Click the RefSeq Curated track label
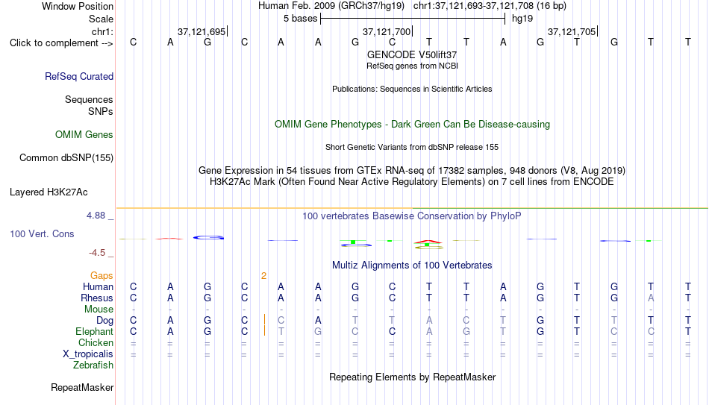coord(79,76)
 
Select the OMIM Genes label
coord(84,135)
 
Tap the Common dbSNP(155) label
coord(66,158)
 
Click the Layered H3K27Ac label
coord(49,192)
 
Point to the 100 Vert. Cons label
coord(42,233)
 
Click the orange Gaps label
coord(101,276)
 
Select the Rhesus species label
coord(97,298)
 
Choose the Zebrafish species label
coord(93,365)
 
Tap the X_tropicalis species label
coord(88,354)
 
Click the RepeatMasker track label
coord(82,387)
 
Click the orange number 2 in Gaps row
coord(263,276)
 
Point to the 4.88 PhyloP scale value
coord(96,216)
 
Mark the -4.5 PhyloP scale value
coord(97,253)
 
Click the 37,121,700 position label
coord(387,31)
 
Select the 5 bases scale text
coord(300,19)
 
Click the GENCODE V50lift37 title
coord(412,54)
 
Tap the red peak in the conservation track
coord(428,242)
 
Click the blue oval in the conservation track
coord(208,237)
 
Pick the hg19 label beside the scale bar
coord(522,19)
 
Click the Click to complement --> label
coord(61,43)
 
